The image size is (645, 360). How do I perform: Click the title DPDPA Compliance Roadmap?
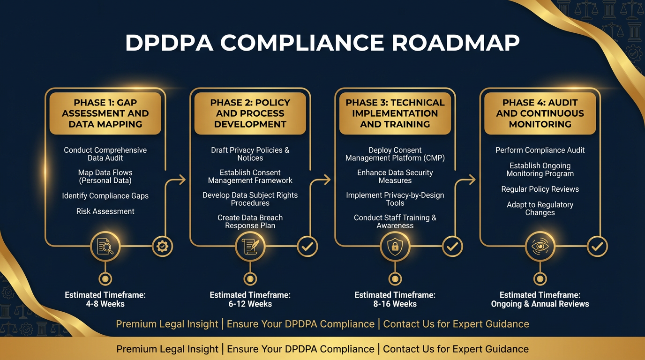coord(322,43)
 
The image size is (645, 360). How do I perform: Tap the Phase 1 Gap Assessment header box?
coord(105,113)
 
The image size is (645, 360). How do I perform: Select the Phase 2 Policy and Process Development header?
coord(250,113)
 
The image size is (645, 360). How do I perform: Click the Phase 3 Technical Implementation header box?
coord(395,113)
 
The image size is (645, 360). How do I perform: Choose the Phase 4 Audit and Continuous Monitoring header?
coord(540,113)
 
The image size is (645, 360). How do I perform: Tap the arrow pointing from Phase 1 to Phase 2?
coord(178,180)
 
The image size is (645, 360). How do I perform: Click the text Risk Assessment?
coord(105,211)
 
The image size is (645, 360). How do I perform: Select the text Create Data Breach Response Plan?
coord(250,222)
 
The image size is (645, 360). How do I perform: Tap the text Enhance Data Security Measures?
coord(395,177)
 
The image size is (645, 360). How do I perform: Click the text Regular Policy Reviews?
coord(540,189)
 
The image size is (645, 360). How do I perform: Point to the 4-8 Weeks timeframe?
coord(105,304)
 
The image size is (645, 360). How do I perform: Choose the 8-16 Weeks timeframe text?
coord(395,304)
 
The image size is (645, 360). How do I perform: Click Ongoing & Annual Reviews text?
coord(540,304)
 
